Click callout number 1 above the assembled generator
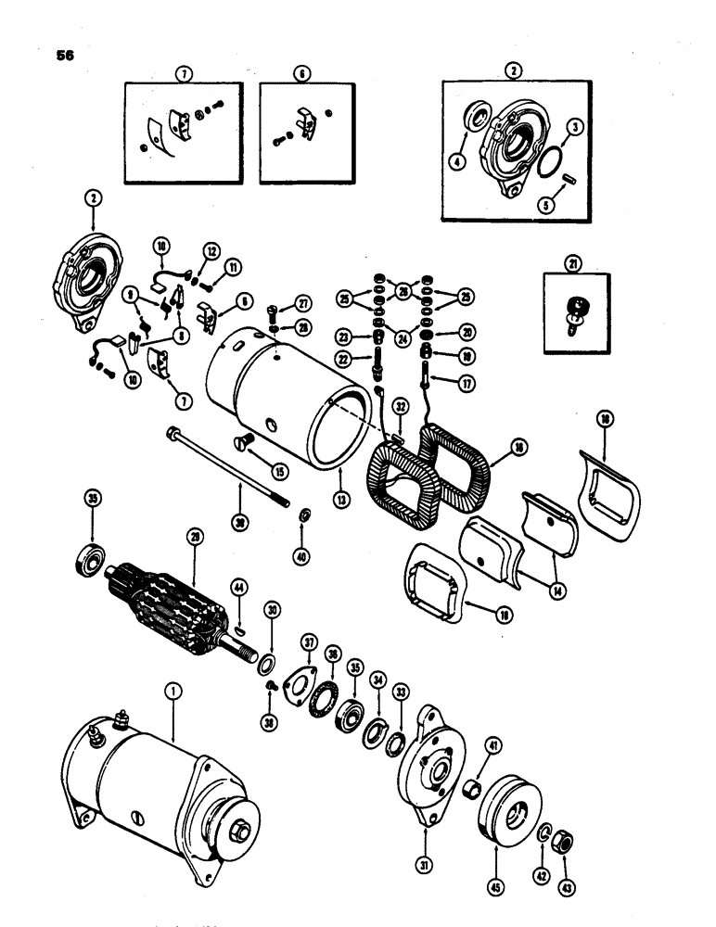tap(170, 690)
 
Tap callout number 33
tap(402, 691)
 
